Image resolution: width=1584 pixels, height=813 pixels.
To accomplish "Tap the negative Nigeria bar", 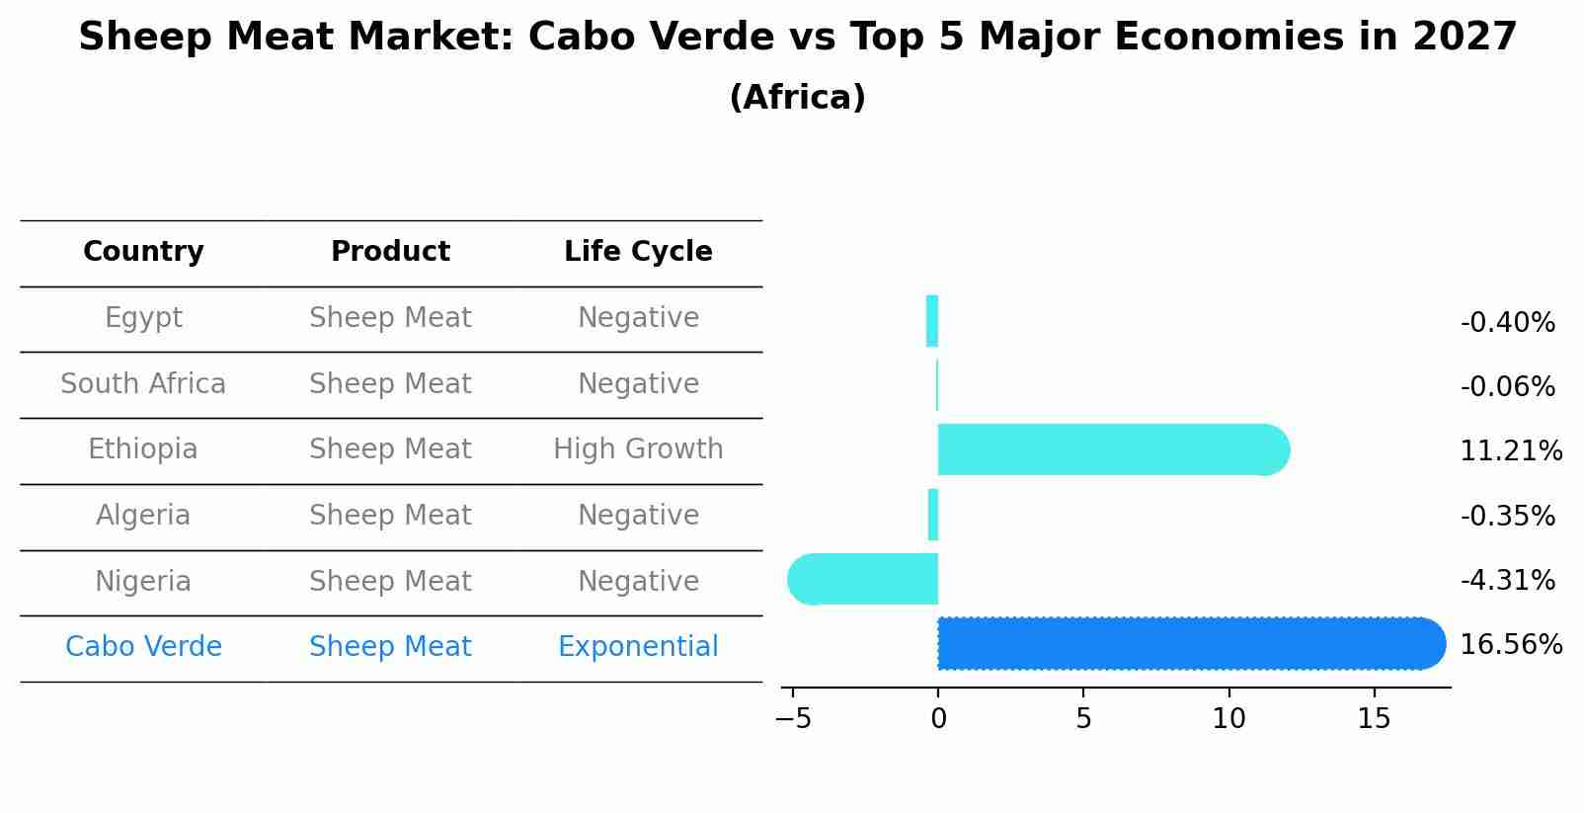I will click(863, 579).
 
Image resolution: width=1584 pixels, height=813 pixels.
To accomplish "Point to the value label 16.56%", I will click(1510, 645).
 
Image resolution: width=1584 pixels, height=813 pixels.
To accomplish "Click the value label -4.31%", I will click(1507, 580).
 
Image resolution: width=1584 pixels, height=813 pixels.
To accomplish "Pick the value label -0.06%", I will click(1507, 387).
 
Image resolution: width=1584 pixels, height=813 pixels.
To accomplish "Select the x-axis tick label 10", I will click(1228, 719).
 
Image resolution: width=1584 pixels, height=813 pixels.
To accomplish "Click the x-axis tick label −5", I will click(793, 719).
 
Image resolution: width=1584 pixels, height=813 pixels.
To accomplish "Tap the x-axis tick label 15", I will click(1374, 719).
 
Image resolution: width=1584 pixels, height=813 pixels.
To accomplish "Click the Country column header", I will click(143, 252).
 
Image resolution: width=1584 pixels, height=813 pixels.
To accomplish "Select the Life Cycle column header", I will click(638, 252).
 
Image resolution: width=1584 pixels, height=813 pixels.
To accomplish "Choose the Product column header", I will click(390, 252).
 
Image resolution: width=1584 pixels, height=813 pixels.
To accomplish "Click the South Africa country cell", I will click(143, 384).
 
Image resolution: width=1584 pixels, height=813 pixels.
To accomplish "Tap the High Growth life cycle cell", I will click(638, 449).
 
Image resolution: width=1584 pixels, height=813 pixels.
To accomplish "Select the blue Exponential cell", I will click(638, 647).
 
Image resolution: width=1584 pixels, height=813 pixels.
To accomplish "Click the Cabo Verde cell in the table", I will click(143, 647).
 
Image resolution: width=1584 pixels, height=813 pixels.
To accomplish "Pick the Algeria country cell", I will click(143, 516).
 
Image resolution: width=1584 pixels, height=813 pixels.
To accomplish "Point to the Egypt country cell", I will click(143, 318).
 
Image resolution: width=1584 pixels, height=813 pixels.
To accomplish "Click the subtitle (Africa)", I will click(797, 98).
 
